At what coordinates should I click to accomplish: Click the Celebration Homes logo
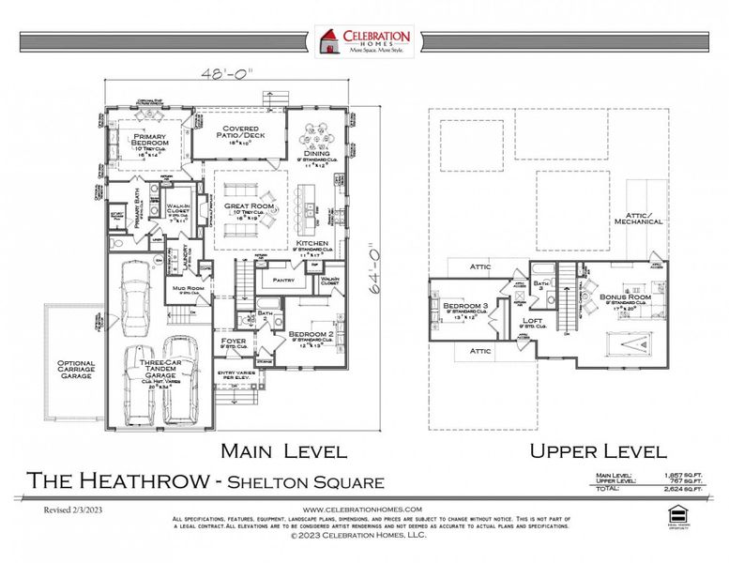(x=364, y=41)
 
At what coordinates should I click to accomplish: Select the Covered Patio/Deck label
(x=239, y=138)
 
